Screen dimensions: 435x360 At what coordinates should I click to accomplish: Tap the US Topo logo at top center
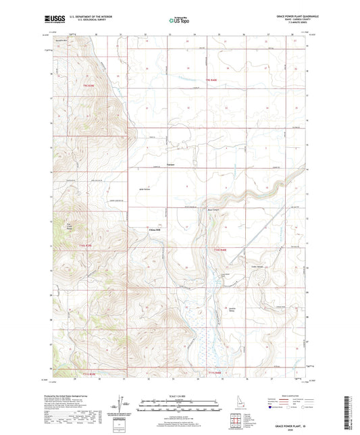(179, 21)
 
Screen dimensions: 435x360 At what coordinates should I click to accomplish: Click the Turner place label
(171, 164)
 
